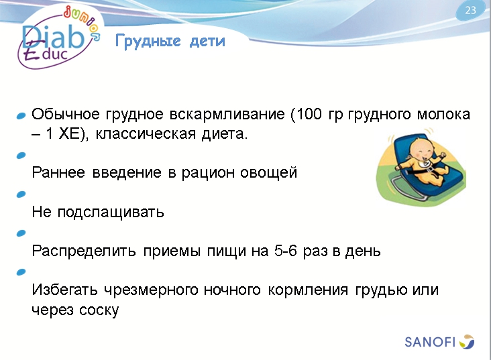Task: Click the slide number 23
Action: click(x=470, y=10)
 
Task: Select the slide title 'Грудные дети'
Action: click(x=170, y=42)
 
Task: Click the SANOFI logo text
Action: click(x=431, y=342)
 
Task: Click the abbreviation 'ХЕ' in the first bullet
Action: click(x=67, y=133)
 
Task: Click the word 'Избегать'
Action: click(x=65, y=290)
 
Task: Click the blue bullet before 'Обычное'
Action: click(x=21, y=116)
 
